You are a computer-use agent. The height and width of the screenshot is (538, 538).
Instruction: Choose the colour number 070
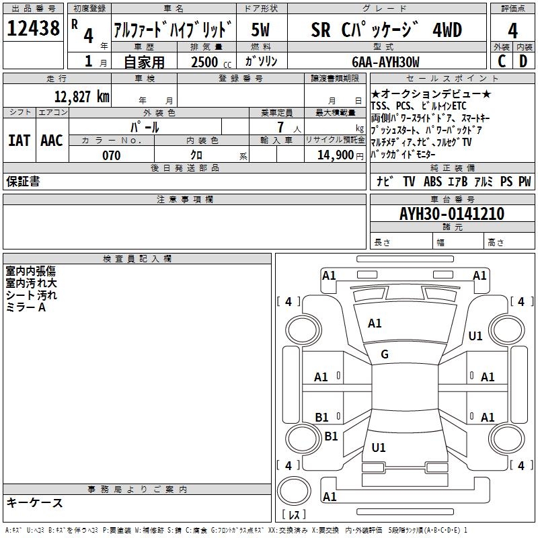pyautogui.click(x=111, y=155)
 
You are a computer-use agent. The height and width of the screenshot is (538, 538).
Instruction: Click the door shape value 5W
pyautogui.click(x=262, y=30)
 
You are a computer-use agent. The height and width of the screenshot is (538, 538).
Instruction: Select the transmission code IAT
pyautogui.click(x=20, y=141)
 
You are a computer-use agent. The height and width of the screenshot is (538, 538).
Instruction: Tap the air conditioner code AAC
pyautogui.click(x=52, y=141)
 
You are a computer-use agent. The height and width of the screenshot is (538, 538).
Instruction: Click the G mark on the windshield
pyautogui.click(x=385, y=354)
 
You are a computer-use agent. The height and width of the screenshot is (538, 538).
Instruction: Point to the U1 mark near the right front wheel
pyautogui.click(x=475, y=336)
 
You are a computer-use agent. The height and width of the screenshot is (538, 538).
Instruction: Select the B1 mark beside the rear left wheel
pyautogui.click(x=331, y=436)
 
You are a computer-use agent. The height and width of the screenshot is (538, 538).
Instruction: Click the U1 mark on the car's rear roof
pyautogui.click(x=379, y=447)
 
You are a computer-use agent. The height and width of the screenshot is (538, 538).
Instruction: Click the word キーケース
pyautogui.click(x=34, y=502)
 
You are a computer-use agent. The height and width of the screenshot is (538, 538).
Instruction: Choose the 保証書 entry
pyautogui.click(x=23, y=182)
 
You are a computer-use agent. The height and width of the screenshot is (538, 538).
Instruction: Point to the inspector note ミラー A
pyautogui.click(x=26, y=307)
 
